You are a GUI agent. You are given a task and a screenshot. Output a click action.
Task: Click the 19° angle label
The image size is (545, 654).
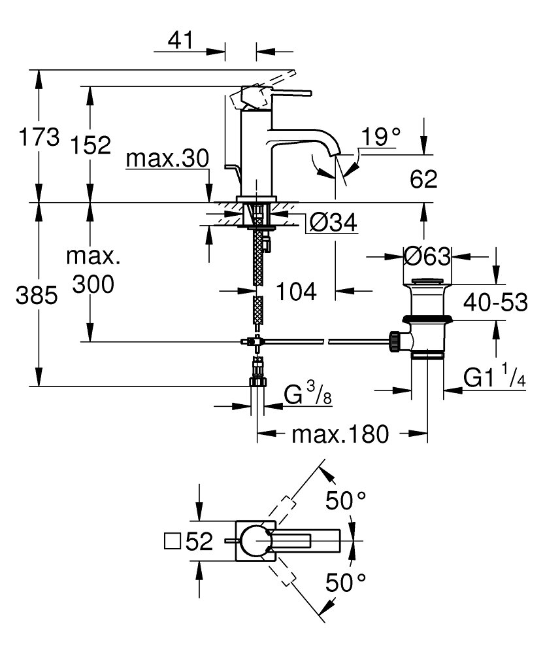[x=382, y=137]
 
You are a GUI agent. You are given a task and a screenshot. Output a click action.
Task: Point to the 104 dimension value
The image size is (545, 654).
[x=294, y=292]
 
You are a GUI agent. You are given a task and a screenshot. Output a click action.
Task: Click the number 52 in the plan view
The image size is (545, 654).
[x=199, y=542]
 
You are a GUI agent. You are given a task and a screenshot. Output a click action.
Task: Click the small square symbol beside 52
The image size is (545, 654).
[x=173, y=542]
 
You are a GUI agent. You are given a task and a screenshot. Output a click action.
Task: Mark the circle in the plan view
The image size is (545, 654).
[x=255, y=542]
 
